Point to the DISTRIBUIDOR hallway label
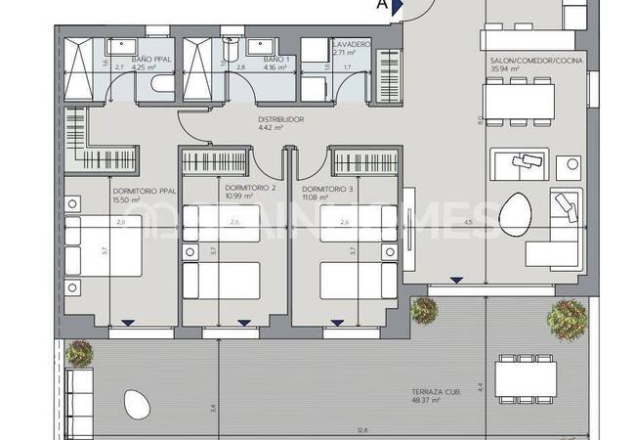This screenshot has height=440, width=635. (x=281, y=119)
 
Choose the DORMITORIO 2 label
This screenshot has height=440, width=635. (x=250, y=188)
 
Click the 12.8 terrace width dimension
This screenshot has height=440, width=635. (x=362, y=430)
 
